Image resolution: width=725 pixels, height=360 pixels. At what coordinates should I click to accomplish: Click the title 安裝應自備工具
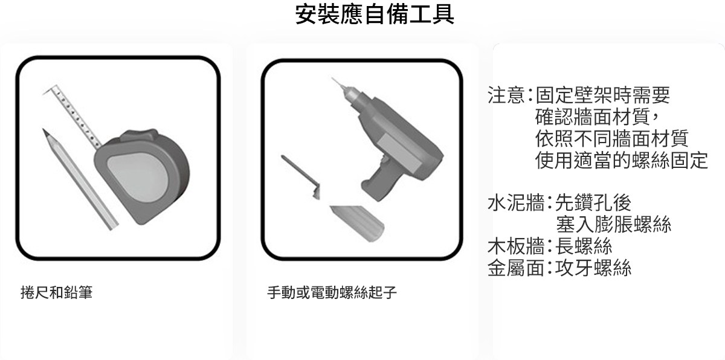[375, 14]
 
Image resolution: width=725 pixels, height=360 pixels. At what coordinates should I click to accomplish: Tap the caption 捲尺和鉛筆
[57, 292]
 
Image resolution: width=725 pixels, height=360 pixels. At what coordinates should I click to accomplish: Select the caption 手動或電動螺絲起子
[332, 292]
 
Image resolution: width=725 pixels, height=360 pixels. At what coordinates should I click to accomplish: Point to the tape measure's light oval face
[138, 176]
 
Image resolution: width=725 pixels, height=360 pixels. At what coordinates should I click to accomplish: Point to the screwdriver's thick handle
[358, 223]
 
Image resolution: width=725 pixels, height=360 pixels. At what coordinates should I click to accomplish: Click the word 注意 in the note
[506, 95]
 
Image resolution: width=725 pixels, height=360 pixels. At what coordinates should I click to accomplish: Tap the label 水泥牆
[516, 203]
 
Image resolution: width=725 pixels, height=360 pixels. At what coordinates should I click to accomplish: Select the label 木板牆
[516, 246]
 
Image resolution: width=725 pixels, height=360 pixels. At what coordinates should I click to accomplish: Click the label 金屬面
[516, 268]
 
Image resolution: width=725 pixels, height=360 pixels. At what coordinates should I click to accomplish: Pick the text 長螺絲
[584, 246]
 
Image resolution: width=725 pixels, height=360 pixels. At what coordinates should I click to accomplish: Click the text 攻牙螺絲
[593, 268]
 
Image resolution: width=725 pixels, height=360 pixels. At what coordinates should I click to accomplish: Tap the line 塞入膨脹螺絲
[614, 224]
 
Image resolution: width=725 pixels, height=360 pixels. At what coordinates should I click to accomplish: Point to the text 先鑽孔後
[593, 203]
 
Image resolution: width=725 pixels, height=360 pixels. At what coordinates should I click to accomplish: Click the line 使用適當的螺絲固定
[622, 160]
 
